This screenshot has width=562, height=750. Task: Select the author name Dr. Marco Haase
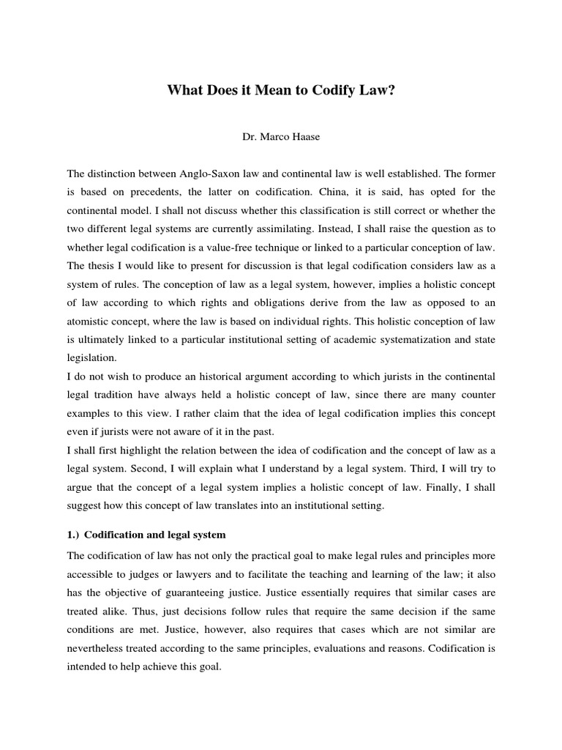pyautogui.click(x=281, y=136)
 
